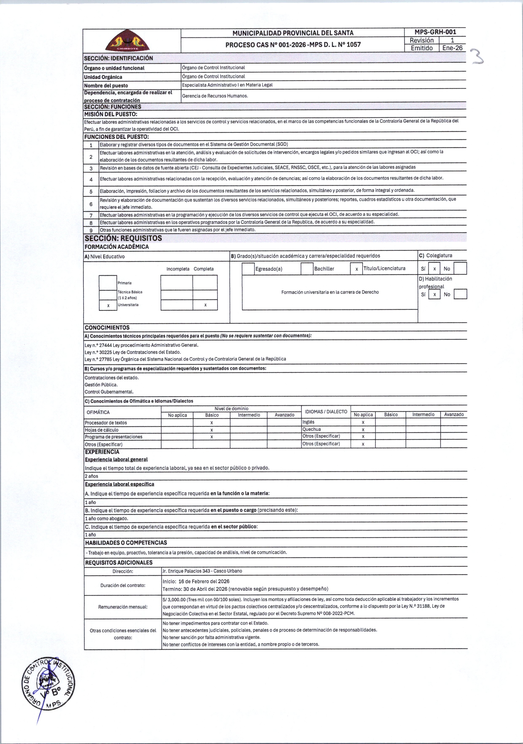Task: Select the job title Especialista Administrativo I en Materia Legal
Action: [227, 85]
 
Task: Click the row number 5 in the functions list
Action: [91, 191]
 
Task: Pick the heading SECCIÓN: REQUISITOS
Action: [123, 238]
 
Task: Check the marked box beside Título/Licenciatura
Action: [356, 269]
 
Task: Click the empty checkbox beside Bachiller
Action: [307, 269]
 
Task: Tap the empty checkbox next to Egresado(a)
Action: [248, 269]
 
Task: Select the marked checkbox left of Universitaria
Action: [108, 305]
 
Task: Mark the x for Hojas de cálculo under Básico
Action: [212, 430]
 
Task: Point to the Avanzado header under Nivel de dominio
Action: [284, 415]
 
